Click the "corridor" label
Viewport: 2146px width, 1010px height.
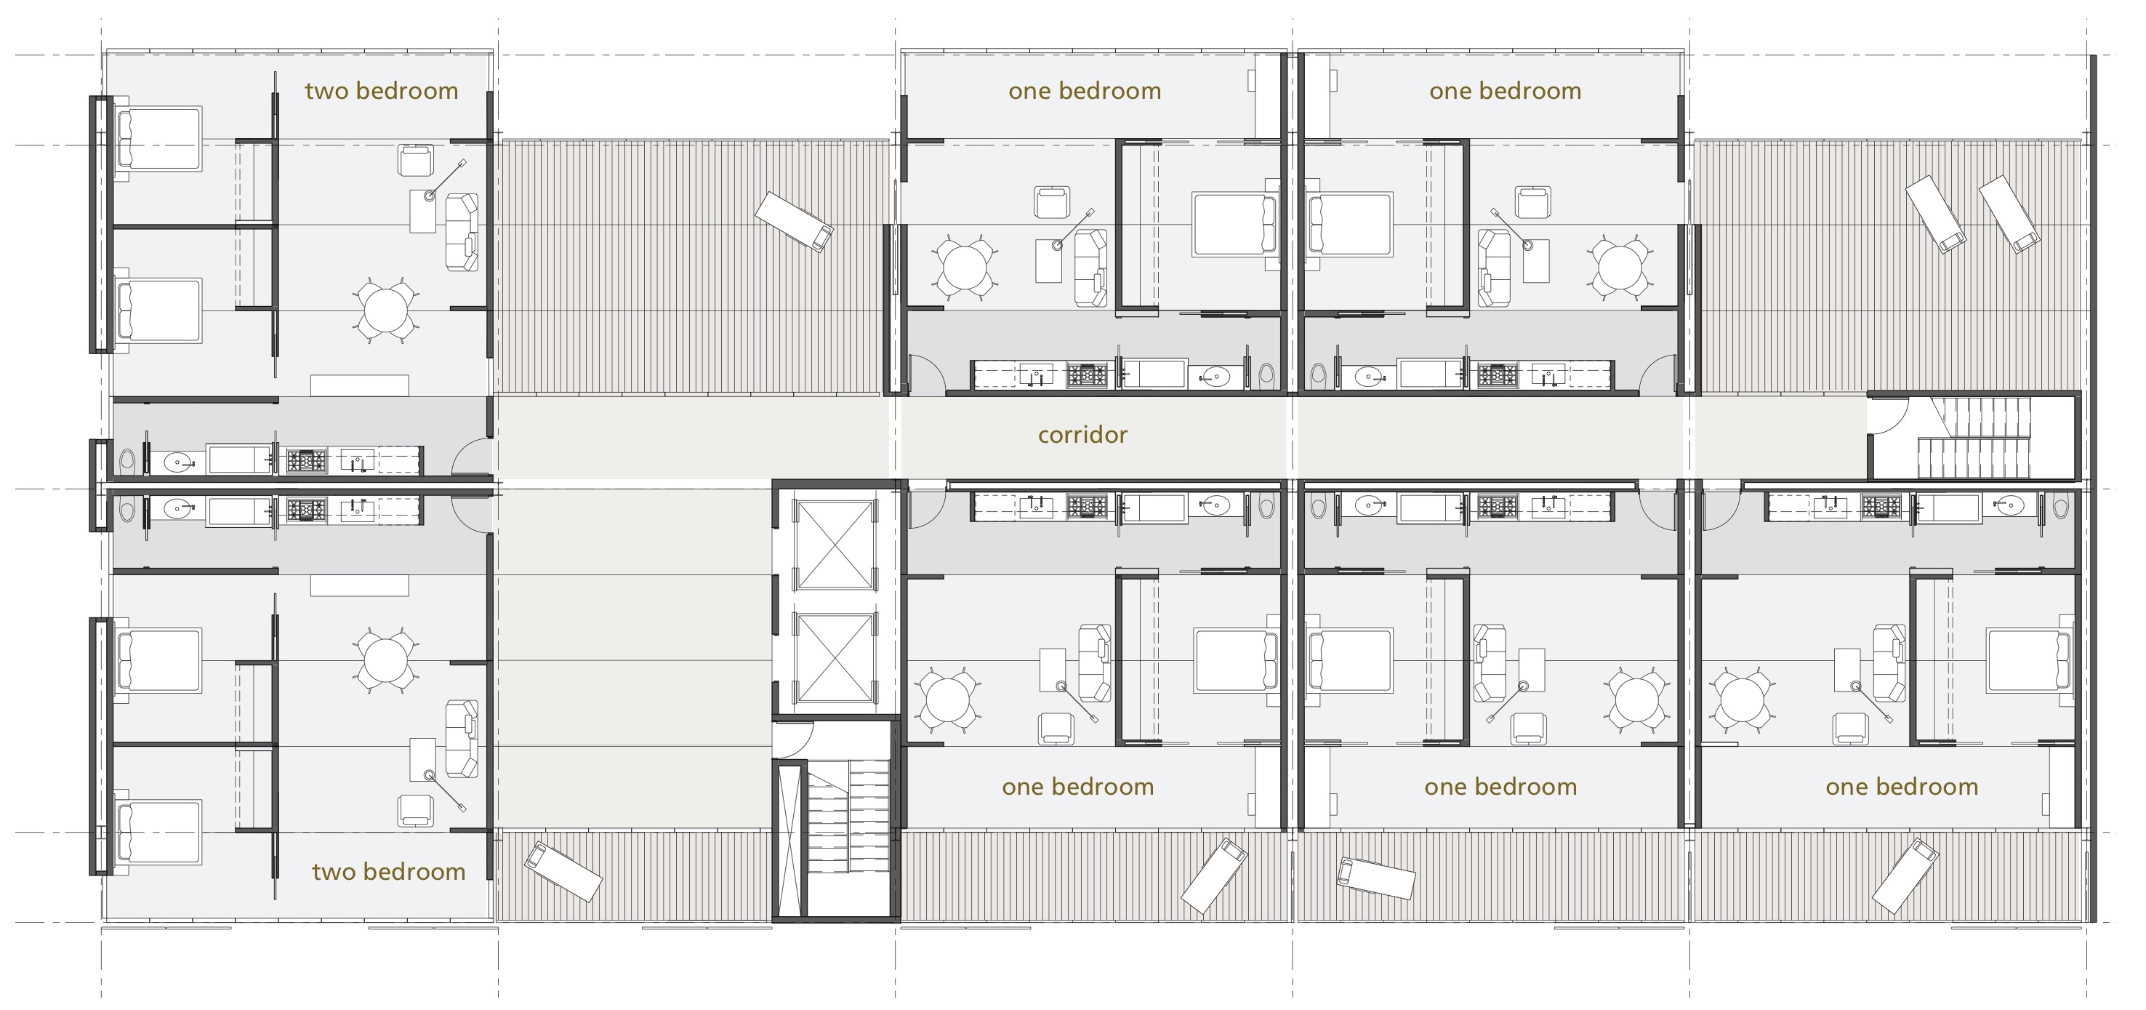pos(1082,435)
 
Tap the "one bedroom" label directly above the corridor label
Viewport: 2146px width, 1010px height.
pos(1085,91)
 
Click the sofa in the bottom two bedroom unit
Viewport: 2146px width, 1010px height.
pos(462,738)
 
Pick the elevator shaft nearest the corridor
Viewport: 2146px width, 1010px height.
pos(833,545)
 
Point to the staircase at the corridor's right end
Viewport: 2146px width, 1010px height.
pos(1974,438)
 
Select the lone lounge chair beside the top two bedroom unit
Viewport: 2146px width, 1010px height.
pos(794,222)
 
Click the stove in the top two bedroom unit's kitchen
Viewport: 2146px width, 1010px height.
pos(306,461)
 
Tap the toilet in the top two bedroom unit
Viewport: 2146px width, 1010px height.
pos(126,460)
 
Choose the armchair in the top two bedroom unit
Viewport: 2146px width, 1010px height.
pos(416,160)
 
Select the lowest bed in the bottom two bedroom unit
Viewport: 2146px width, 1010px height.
pos(158,833)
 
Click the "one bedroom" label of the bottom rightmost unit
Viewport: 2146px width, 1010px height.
pos(1901,787)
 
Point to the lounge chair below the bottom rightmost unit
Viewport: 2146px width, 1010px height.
pos(1905,877)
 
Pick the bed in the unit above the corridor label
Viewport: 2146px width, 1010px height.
pos(1235,223)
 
